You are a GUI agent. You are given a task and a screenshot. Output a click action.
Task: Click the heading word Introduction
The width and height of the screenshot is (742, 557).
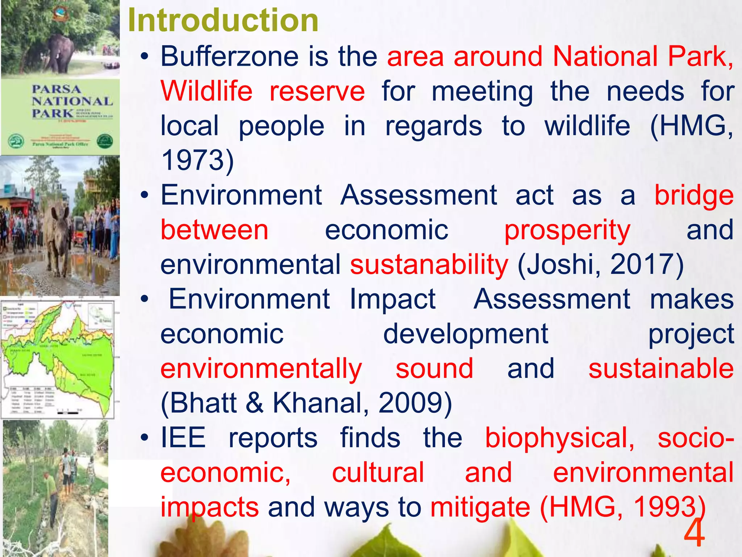223,20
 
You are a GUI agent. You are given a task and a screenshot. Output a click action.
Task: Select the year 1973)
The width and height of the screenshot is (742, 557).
197,160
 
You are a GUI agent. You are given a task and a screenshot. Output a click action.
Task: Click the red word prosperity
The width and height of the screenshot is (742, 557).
567,231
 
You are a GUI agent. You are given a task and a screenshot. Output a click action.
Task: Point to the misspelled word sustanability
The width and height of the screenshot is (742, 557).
429,265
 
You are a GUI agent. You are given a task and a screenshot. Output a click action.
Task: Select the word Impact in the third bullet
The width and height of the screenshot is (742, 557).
392,300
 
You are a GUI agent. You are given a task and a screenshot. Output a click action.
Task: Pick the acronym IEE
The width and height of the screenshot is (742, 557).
183,438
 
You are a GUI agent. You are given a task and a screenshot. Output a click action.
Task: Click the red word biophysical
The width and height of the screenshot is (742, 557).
559,438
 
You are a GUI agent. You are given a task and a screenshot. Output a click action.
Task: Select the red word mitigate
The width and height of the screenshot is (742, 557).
480,507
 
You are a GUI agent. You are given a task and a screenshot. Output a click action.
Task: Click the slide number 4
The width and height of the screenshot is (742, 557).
694,533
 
